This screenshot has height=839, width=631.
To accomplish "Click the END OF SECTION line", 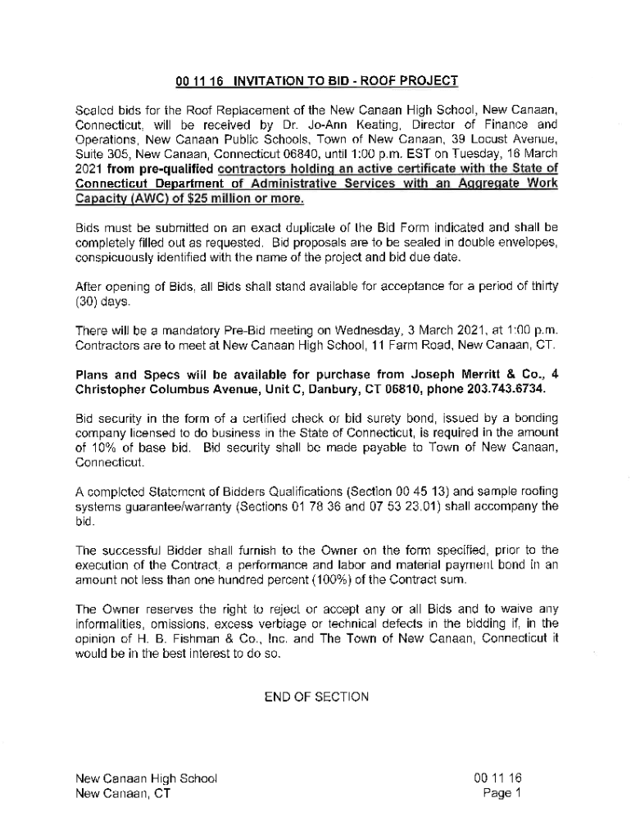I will [x=316, y=697].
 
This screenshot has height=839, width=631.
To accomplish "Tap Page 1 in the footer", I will [x=502, y=793].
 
